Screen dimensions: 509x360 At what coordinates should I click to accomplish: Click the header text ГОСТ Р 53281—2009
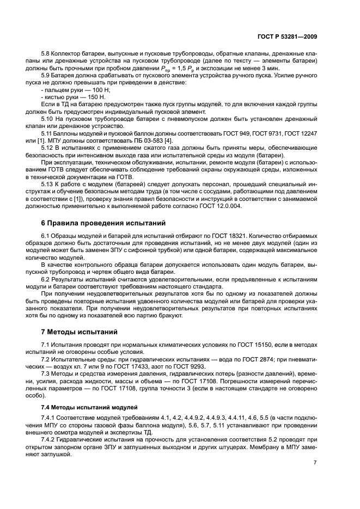tap(287, 36)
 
